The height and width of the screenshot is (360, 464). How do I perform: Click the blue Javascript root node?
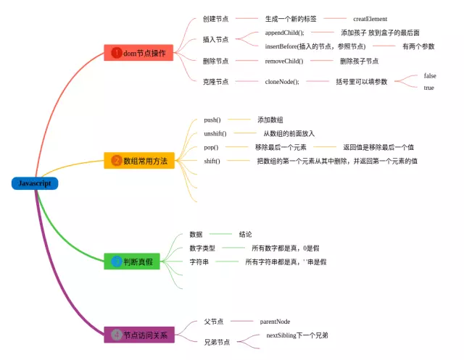34,183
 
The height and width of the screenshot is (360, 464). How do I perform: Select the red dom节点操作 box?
138,53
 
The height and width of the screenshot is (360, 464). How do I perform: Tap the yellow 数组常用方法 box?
139,161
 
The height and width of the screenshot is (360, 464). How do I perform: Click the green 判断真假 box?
138,261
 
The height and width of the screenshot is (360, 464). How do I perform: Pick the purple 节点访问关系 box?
138,335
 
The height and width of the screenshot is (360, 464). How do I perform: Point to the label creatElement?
370,19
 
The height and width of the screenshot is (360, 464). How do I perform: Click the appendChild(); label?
284,33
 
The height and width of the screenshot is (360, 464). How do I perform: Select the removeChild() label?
283,61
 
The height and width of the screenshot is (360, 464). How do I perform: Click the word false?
430,75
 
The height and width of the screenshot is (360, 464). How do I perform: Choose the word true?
428,88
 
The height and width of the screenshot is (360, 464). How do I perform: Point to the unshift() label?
215,133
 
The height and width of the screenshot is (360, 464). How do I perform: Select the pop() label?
210,147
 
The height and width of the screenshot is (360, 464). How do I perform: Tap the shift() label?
212,161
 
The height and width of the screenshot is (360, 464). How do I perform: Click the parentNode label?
275,321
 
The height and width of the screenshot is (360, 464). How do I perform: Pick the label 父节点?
214,321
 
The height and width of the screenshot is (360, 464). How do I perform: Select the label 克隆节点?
215,82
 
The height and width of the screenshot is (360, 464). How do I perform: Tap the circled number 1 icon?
116,53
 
